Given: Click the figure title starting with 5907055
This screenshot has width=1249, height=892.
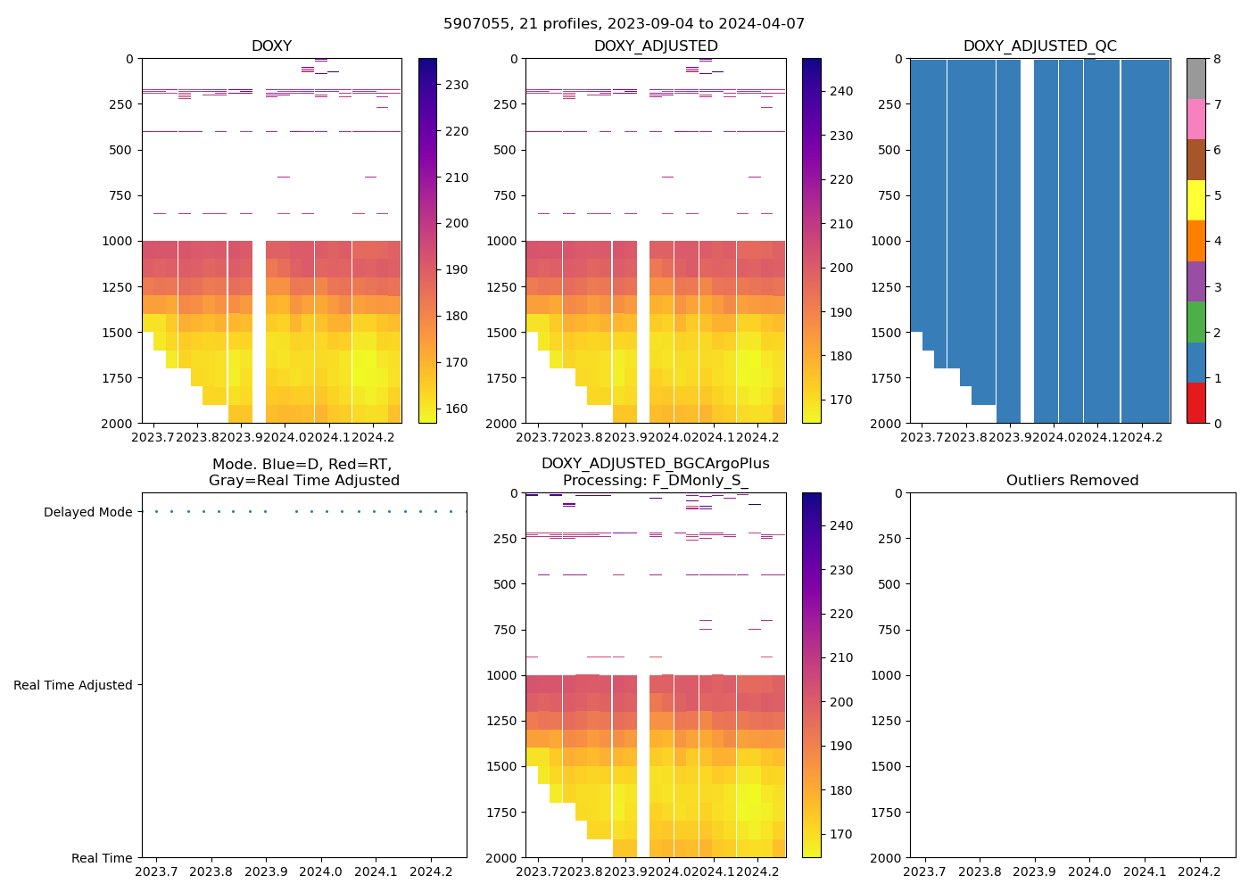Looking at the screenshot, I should (x=624, y=24).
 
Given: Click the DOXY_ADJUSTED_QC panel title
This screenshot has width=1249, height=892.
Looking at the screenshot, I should (x=1039, y=46).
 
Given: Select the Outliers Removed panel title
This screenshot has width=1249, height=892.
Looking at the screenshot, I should (x=1072, y=481).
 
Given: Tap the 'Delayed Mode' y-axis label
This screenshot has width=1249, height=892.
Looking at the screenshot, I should (x=87, y=512).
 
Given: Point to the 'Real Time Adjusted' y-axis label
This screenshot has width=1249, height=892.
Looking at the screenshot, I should (x=73, y=685).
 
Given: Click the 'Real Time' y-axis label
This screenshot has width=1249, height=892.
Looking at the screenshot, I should (x=102, y=858).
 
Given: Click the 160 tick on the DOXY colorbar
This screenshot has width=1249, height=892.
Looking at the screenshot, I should (x=457, y=409).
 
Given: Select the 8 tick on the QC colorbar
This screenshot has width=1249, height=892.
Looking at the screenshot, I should (x=1217, y=59).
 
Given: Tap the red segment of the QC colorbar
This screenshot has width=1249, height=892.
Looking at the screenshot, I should (x=1195, y=403).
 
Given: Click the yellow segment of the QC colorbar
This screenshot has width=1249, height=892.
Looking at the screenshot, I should (x=1195, y=200).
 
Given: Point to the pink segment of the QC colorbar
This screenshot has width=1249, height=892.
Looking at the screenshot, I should (x=1195, y=119).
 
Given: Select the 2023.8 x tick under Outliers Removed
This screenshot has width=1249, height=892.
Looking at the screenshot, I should (x=980, y=871).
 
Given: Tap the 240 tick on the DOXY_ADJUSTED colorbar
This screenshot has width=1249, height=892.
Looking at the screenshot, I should (x=840, y=92).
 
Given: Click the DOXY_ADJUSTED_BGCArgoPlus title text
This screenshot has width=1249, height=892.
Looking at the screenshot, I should (x=655, y=464).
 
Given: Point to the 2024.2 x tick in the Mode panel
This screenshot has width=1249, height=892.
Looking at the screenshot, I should (x=432, y=871).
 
